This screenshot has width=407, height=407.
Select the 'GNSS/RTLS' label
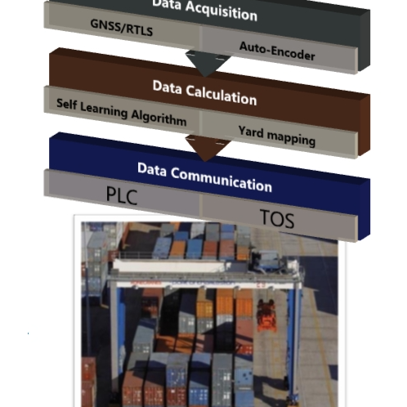(x=122, y=26)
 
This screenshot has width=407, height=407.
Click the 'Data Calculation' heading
(x=204, y=92)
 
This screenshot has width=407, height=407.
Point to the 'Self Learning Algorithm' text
(x=121, y=112)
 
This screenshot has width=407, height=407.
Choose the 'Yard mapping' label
(x=276, y=135)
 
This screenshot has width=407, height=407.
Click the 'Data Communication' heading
(x=204, y=176)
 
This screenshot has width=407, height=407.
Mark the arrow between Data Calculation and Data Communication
(x=201, y=147)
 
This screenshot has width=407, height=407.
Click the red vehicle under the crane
(x=266, y=313)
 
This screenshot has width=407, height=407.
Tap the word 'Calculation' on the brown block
(x=222, y=94)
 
